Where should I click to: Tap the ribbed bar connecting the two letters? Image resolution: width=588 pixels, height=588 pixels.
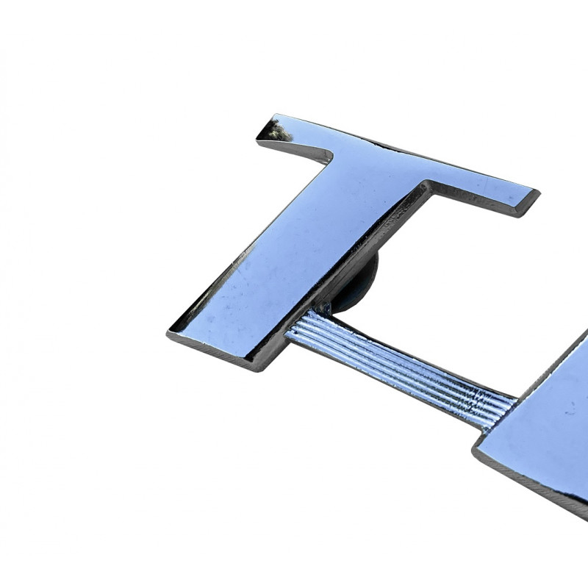click(397, 364)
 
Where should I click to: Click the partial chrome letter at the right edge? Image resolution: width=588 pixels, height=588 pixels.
click(544, 426)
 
